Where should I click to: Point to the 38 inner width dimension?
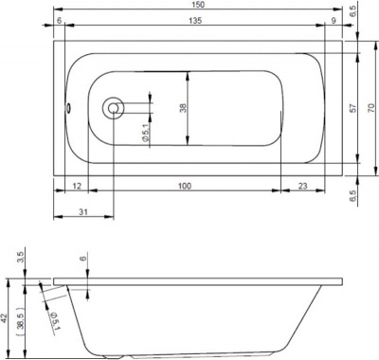coord(183,107)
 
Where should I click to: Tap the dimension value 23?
coord(301,186)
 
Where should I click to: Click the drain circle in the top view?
coord(114,108)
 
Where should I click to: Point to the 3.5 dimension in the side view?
coord(21,257)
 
